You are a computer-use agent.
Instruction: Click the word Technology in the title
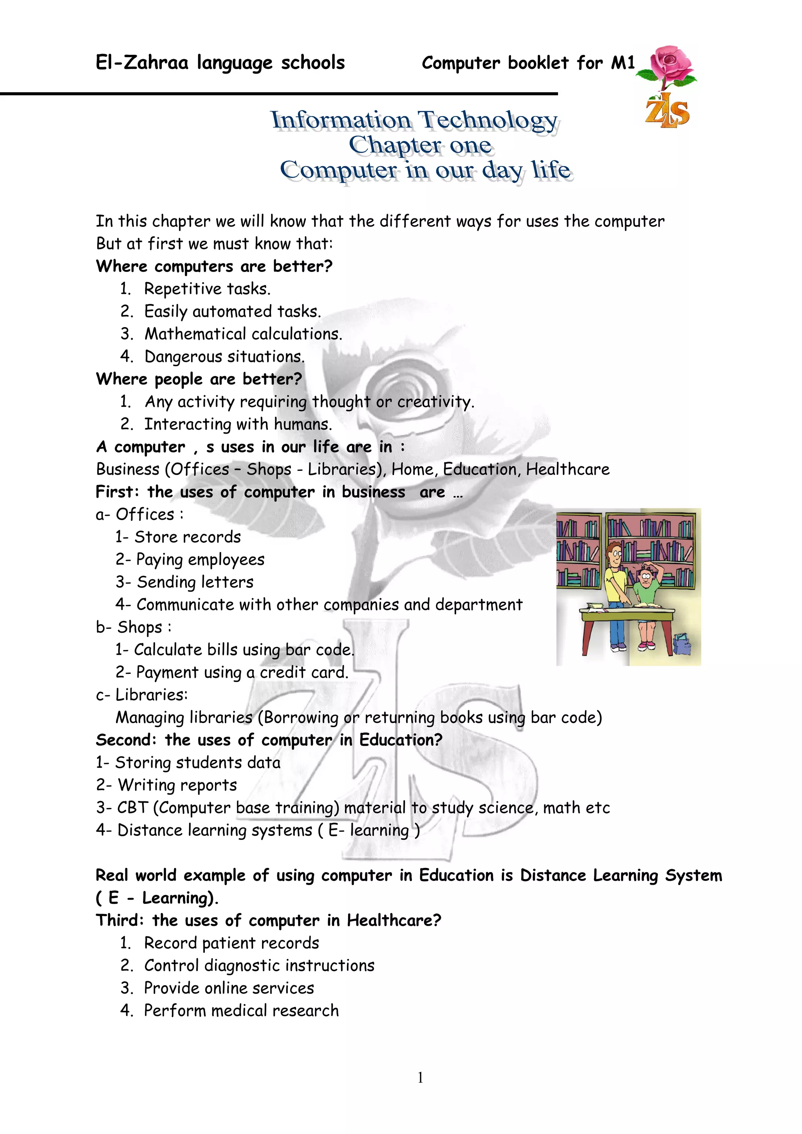(x=488, y=120)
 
